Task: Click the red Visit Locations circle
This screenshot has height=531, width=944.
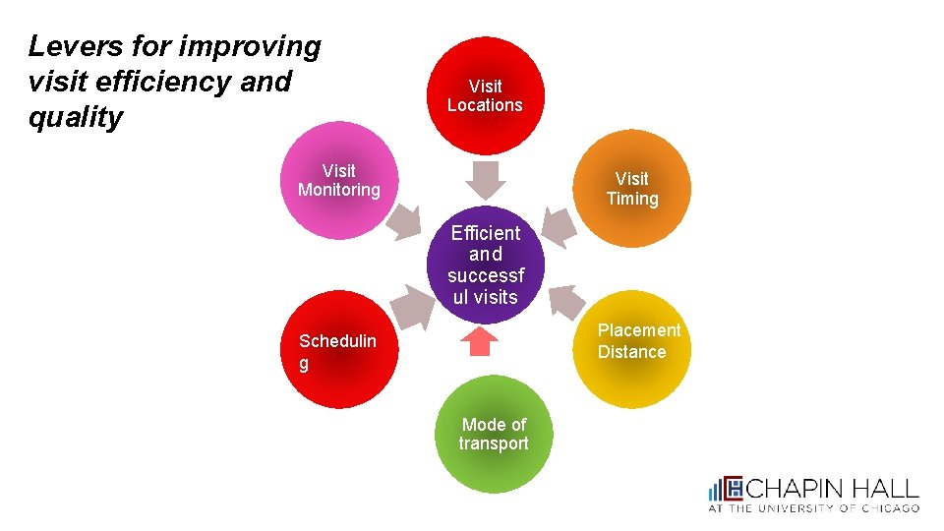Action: [x=485, y=95]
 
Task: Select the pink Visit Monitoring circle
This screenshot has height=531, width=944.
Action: [x=339, y=181]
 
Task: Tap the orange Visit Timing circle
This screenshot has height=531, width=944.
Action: [x=632, y=189]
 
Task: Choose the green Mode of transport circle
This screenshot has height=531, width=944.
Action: [x=494, y=434]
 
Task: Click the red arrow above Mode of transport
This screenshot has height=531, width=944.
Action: [x=480, y=341]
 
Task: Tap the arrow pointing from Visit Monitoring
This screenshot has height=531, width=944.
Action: [x=401, y=224]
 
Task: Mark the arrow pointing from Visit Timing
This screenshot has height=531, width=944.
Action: [x=560, y=227]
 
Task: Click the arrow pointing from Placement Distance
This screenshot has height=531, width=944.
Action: [x=564, y=299]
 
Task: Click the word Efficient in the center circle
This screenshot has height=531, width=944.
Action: [x=485, y=233]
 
